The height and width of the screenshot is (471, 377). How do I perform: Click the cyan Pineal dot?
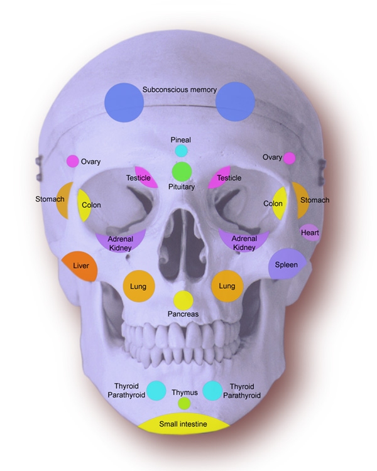click(x=182, y=151)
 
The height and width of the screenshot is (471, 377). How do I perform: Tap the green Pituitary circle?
click(x=182, y=171)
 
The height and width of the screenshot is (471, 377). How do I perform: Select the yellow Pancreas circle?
click(x=183, y=300)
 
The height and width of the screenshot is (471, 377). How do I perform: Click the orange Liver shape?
click(x=80, y=266)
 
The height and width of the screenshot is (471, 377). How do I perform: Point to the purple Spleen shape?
click(x=287, y=264)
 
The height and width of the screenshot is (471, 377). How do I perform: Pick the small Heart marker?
click(x=310, y=232)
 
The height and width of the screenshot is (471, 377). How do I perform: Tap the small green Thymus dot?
click(x=184, y=403)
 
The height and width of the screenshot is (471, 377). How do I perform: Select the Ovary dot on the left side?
click(x=72, y=161)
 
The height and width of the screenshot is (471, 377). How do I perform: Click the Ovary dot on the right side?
click(x=289, y=158)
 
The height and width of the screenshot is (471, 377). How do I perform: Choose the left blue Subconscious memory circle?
click(x=124, y=102)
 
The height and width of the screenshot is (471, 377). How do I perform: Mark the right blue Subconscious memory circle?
click(x=236, y=102)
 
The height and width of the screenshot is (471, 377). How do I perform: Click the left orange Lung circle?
click(x=139, y=286)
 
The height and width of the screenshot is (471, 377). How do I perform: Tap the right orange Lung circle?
click(x=227, y=286)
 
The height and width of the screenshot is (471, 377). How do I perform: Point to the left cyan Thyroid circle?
click(x=156, y=391)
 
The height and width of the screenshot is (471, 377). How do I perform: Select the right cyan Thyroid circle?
click(x=212, y=391)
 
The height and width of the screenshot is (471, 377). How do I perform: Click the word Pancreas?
click(x=183, y=314)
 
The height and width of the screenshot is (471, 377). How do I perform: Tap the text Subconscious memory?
click(x=180, y=90)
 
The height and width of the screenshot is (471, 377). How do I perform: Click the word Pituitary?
click(x=182, y=187)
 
